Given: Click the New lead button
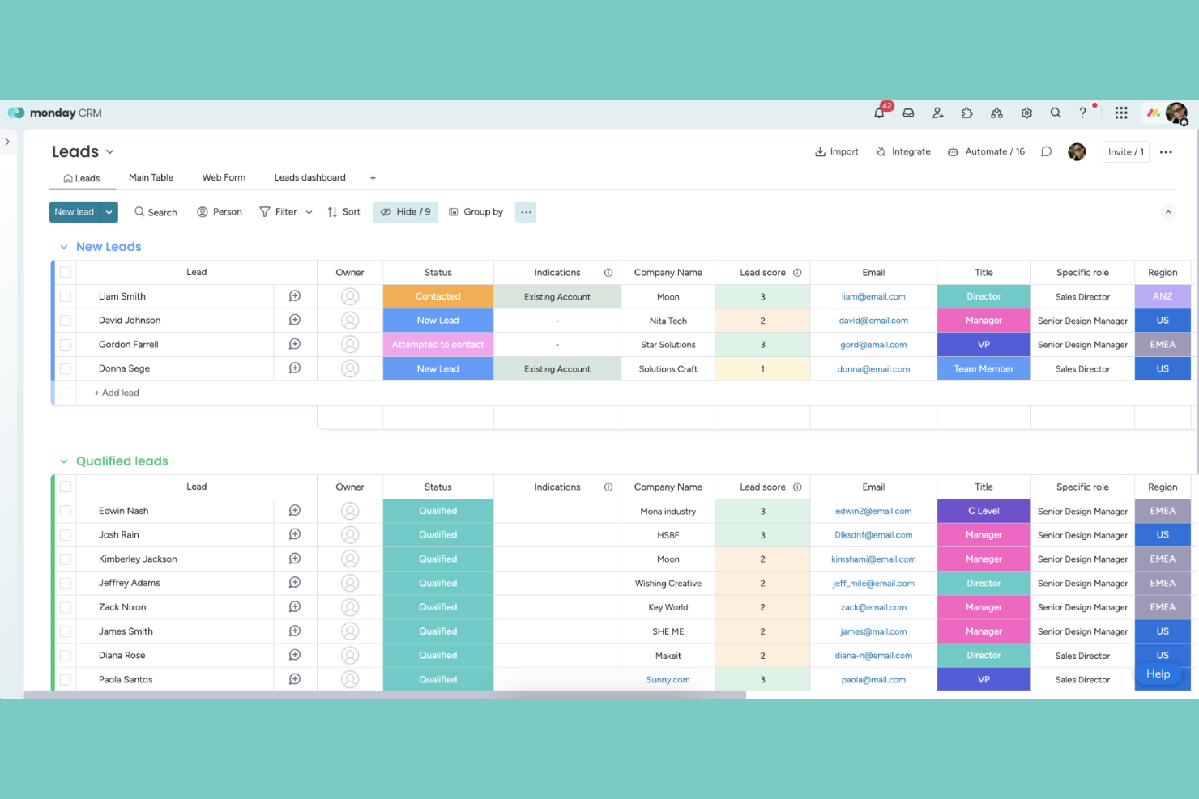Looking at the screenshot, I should pos(74,212).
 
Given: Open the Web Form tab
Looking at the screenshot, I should pos(224,177).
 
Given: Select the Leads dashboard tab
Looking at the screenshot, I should pos(309,177).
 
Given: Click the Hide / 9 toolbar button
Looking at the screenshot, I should pos(405,212).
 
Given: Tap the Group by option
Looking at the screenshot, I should pos(476,212).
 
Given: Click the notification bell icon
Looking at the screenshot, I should pos(879,113).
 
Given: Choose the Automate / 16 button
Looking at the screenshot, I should pos(986,151).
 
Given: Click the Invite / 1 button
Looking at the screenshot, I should pos(1125,151).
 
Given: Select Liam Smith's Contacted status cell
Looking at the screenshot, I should pos(437,296).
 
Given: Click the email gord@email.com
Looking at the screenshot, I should pos(873,345).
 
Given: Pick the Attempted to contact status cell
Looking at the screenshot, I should pos(437,345).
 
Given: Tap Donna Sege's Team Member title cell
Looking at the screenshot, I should pos(984,369).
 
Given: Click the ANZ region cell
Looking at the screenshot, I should pos(1163,296).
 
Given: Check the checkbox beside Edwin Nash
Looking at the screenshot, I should pos(66,511).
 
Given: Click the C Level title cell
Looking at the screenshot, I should pos(984,511).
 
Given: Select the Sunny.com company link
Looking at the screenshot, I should pos(668,680).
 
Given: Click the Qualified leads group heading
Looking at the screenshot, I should pos(122,461).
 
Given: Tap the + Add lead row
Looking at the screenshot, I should pos(117,393).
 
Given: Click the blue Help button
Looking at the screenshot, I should pos(1158,674).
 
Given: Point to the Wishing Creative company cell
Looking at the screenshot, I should pos(668,584).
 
